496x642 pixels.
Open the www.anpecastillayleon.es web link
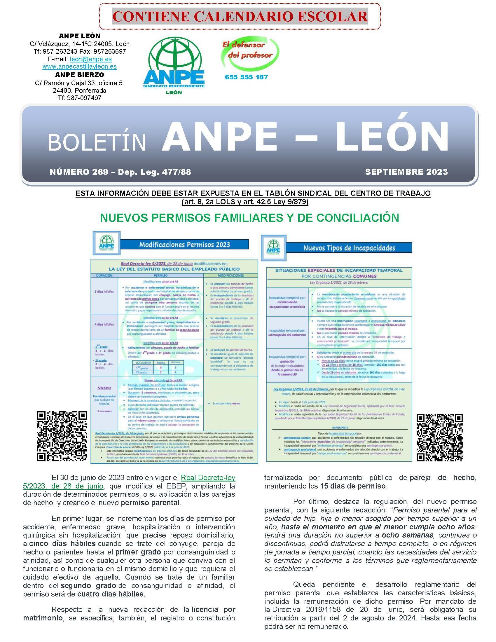click(x=79, y=67)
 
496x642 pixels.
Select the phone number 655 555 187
click(x=246, y=77)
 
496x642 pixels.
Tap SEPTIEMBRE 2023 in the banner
click(x=406, y=172)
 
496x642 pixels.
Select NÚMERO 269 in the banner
click(x=79, y=172)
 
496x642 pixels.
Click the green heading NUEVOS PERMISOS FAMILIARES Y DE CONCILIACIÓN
click(x=249, y=218)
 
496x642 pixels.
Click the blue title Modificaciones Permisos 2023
click(x=184, y=245)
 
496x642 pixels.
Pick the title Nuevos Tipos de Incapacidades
click(x=349, y=248)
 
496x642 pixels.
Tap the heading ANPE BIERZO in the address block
click(x=79, y=75)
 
